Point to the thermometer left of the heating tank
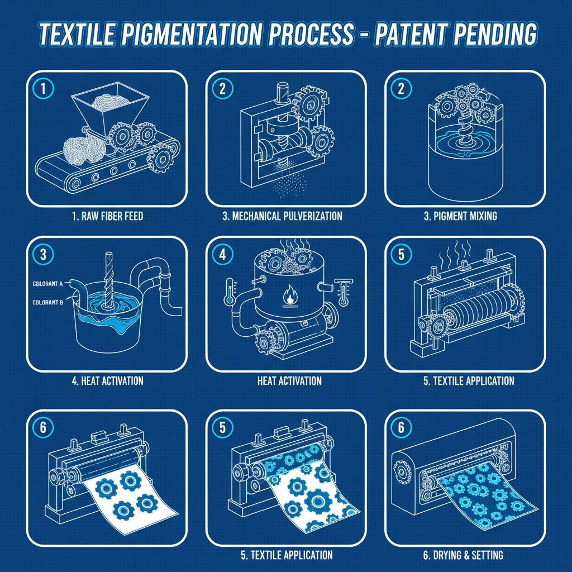[x=229, y=290]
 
